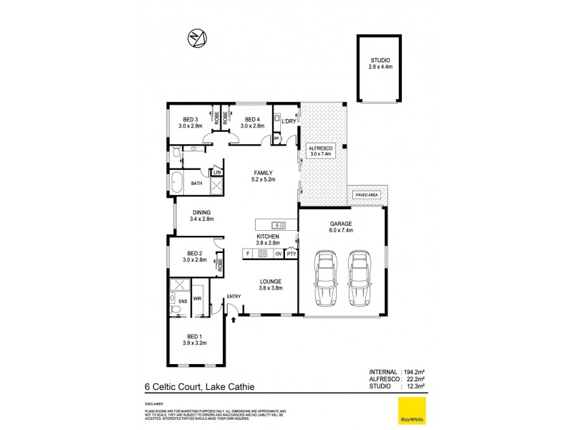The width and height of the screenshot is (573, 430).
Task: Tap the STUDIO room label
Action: tap(380, 63)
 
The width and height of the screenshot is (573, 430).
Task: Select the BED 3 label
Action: tap(190, 123)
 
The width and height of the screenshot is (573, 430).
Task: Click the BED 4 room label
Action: tap(253, 123)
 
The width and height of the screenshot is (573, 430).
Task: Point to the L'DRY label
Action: tap(289, 121)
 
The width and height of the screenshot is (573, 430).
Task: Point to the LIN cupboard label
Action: tap(216, 173)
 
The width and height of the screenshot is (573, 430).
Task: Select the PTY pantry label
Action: tap(292, 253)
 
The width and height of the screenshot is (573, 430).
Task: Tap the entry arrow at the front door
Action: tap(234, 319)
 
